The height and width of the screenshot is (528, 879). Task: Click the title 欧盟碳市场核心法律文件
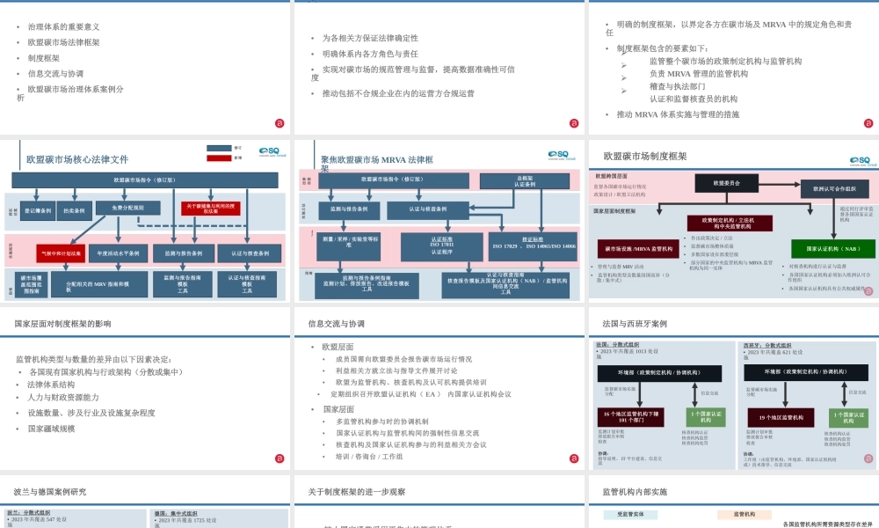[77, 159]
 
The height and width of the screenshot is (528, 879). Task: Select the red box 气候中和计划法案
[62, 253]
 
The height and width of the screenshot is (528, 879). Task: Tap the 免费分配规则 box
[128, 208]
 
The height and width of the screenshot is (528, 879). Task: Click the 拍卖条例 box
[76, 211]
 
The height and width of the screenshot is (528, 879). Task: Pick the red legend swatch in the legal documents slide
[219, 158]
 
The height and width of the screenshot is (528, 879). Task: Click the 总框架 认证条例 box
[525, 180]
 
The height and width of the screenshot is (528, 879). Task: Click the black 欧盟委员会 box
[726, 182]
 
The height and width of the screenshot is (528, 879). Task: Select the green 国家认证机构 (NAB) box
[832, 248]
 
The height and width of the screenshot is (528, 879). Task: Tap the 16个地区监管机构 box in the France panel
[633, 417]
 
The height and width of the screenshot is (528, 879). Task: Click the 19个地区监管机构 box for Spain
[781, 417]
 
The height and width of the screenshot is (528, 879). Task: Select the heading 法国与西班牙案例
[635, 323]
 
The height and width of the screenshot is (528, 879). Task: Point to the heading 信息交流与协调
[336, 323]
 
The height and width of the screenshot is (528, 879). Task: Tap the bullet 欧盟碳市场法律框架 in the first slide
[63, 42]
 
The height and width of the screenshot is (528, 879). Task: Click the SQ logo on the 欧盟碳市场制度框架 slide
[859, 160]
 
